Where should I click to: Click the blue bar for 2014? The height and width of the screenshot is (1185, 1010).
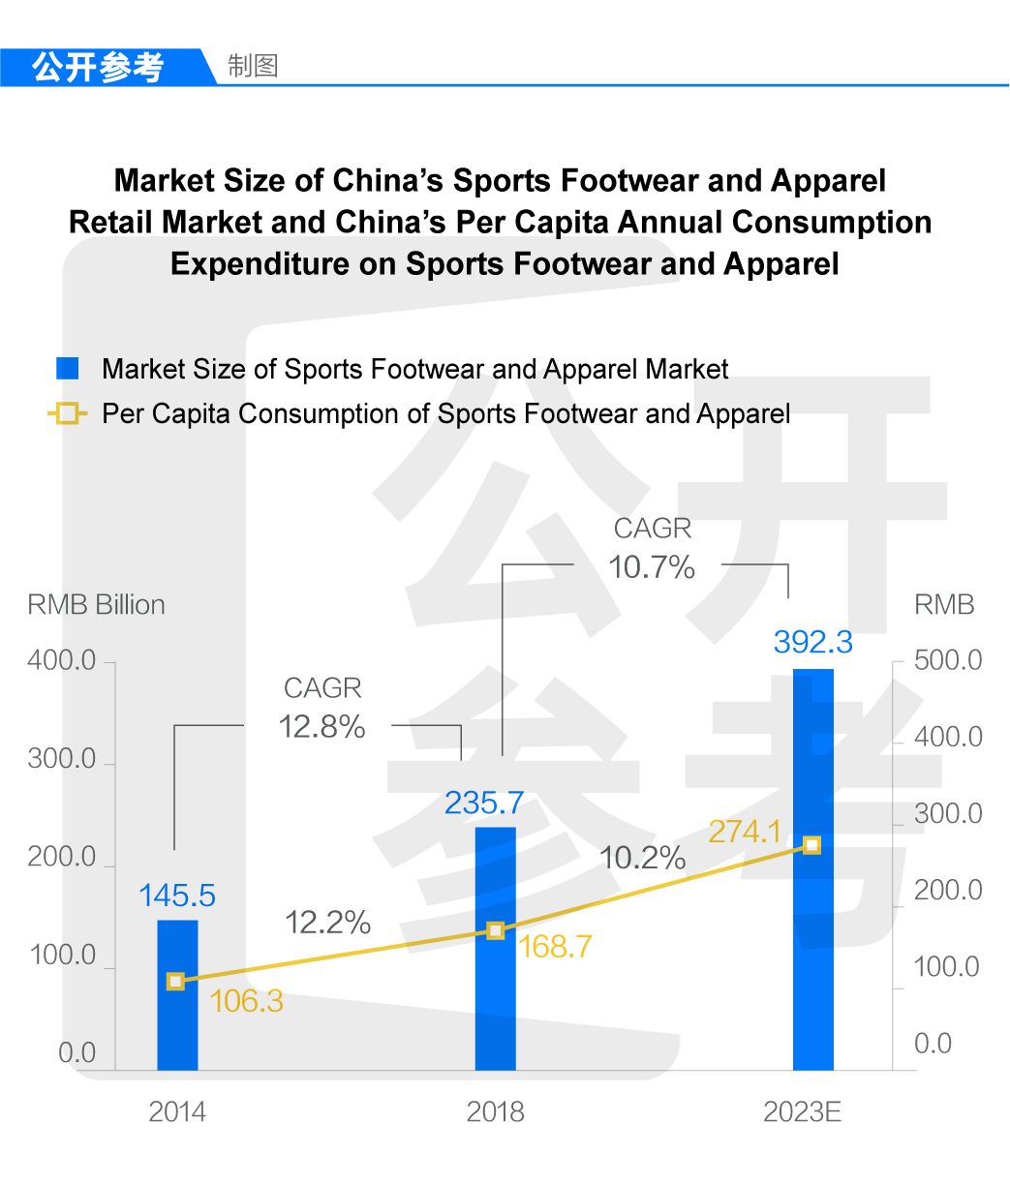[177, 997]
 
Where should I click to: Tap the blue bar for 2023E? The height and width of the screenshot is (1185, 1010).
[812, 871]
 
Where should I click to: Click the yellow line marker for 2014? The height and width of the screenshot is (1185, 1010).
[175, 982]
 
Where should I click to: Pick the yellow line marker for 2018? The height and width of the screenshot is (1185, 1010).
[495, 930]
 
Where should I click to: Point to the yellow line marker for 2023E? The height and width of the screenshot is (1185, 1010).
[812, 845]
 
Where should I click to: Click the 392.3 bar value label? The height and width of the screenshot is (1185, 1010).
[812, 642]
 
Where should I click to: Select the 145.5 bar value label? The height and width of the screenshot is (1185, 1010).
[177, 896]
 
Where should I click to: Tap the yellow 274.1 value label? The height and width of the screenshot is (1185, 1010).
[745, 832]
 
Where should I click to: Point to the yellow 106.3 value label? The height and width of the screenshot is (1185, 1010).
[246, 1001]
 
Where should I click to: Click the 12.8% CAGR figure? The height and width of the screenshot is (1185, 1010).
[321, 727]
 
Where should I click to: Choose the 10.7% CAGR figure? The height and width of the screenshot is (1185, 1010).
[652, 567]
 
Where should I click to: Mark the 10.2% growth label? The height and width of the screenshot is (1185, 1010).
[642, 858]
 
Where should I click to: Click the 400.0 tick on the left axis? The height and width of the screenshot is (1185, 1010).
[62, 661]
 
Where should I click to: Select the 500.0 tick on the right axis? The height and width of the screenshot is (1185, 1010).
[948, 660]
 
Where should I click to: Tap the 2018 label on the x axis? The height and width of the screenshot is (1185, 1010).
[495, 1111]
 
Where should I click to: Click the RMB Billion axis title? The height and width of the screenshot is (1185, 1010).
[96, 605]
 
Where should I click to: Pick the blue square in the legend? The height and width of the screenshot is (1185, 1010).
[67, 369]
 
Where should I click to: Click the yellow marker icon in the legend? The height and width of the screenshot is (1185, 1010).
[67, 414]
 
